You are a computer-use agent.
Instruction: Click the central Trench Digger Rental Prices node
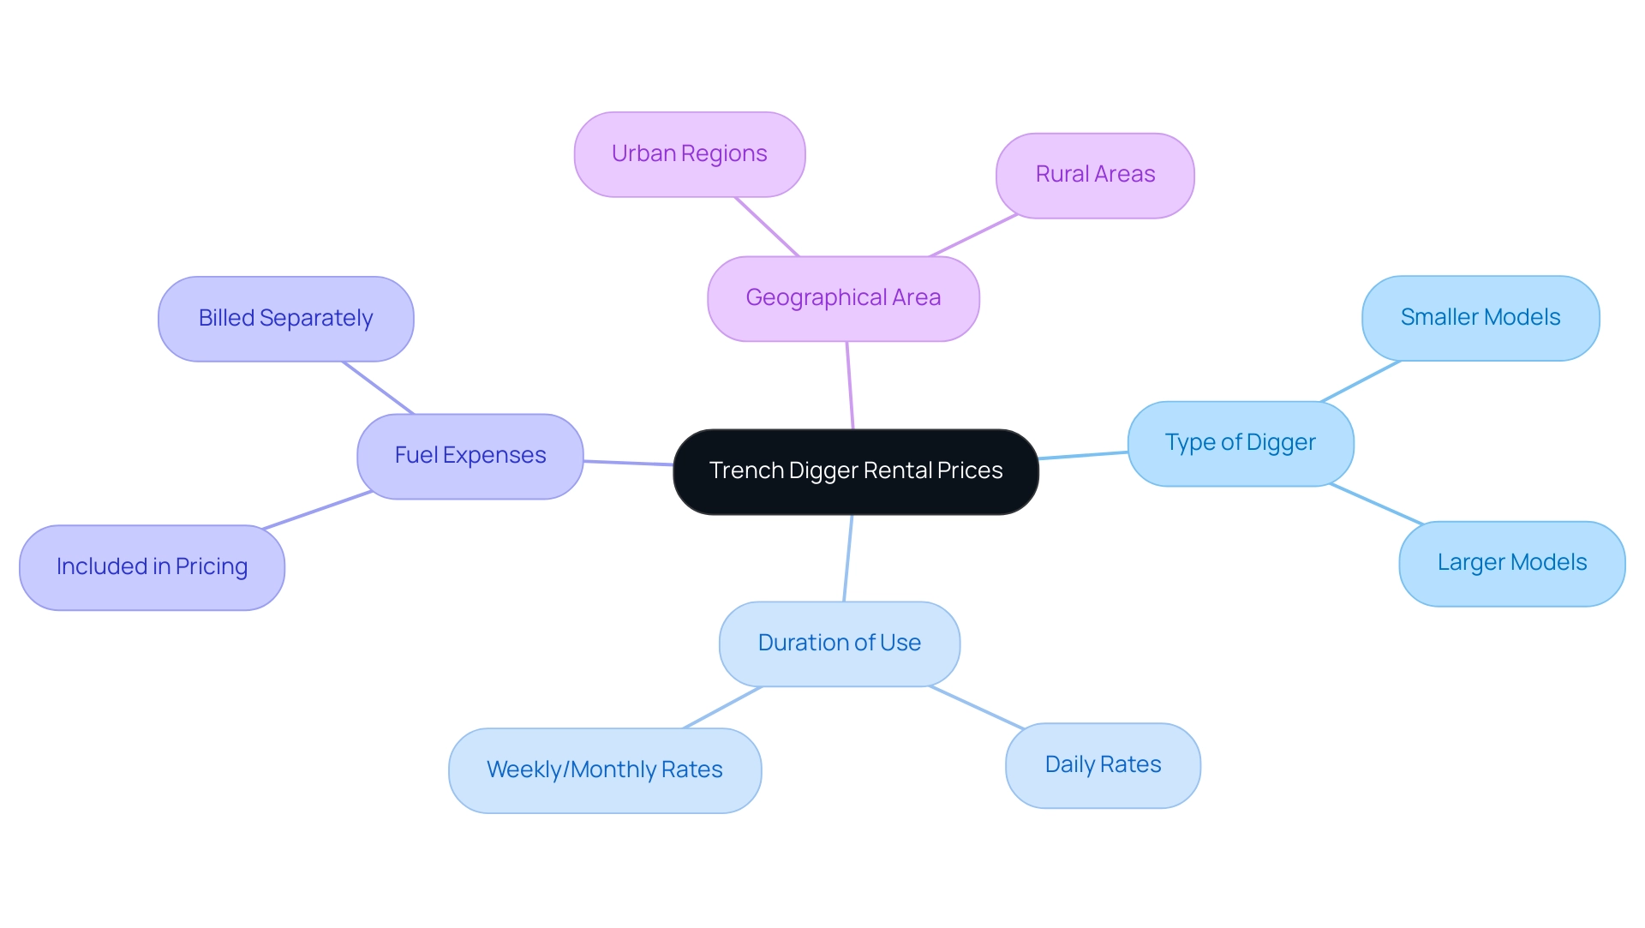[x=855, y=471]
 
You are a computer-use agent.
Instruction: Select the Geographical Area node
[x=843, y=298]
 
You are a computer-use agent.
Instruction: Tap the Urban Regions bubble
[x=689, y=154]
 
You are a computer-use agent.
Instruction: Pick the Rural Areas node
[x=1095, y=175]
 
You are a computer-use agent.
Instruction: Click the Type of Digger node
[x=1240, y=443]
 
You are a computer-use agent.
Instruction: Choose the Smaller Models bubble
[x=1480, y=318]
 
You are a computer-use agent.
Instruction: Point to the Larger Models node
[x=1511, y=563]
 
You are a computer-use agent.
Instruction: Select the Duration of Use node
[x=839, y=644]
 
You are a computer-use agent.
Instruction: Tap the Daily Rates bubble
[x=1103, y=765]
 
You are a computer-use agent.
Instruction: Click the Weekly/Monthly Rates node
[x=604, y=770]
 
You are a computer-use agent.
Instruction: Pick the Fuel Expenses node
[x=470, y=456]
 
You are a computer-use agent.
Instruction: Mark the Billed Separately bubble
[x=285, y=319]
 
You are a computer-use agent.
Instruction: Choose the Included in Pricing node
[x=152, y=567]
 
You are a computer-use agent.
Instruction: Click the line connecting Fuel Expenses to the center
[x=628, y=463]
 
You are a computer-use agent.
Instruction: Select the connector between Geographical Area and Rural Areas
[x=973, y=236]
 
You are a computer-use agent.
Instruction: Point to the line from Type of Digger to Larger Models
[x=1376, y=504]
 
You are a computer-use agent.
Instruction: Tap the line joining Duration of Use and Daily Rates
[x=977, y=708]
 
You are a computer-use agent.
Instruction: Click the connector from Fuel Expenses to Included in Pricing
[x=317, y=510]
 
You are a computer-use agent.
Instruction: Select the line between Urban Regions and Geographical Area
[x=767, y=227]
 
